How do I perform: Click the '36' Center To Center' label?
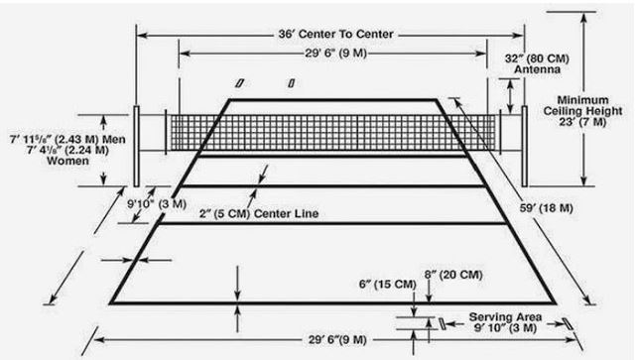(x=335, y=34)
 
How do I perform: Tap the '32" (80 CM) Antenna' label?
(x=537, y=63)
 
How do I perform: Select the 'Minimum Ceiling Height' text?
(x=582, y=105)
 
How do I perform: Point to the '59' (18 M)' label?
(x=546, y=208)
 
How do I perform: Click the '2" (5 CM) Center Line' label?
(x=259, y=213)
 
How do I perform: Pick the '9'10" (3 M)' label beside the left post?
(x=157, y=203)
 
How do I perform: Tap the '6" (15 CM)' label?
(x=387, y=285)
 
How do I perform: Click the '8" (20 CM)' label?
(x=453, y=275)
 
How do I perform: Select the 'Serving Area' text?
(x=505, y=317)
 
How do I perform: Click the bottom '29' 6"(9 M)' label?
(x=337, y=339)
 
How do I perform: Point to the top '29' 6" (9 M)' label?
(x=336, y=54)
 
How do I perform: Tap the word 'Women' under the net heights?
(x=67, y=161)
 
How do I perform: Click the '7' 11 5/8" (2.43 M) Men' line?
(x=67, y=139)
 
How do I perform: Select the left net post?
(x=137, y=147)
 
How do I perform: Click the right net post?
(x=525, y=147)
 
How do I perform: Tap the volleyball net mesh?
(x=332, y=133)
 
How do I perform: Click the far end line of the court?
(x=332, y=99)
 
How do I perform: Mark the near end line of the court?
(x=332, y=302)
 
